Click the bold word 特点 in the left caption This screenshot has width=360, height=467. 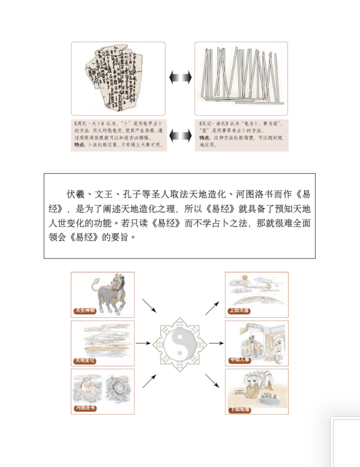pos(78,145)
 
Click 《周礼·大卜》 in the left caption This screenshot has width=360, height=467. pos(87,122)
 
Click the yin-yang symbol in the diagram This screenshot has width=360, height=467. pos(179,344)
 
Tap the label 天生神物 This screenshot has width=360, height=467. pos(85,311)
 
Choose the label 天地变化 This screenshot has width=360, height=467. pos(85,360)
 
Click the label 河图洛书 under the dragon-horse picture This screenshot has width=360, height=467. pos(85,408)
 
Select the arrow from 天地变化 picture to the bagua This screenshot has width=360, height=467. pos(143,344)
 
